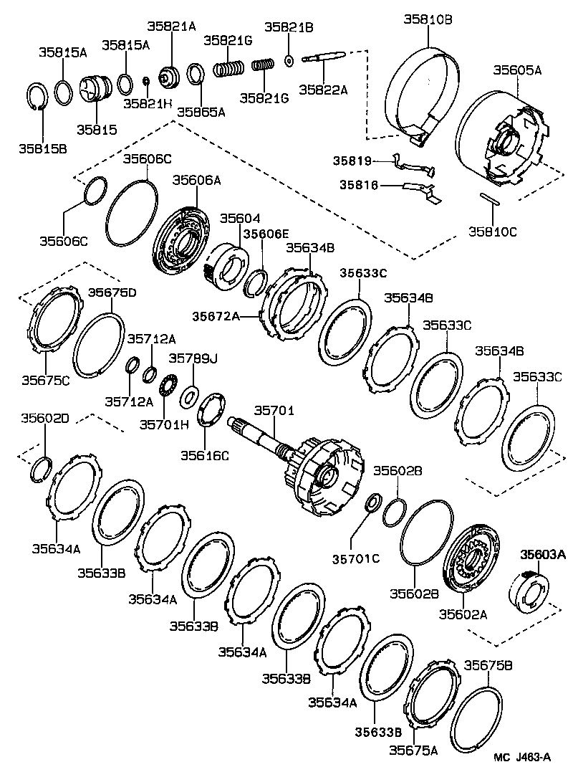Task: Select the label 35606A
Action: (x=196, y=181)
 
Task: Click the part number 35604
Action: (x=240, y=218)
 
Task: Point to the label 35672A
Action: (x=216, y=315)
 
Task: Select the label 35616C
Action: (x=204, y=454)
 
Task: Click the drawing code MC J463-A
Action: (x=522, y=757)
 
